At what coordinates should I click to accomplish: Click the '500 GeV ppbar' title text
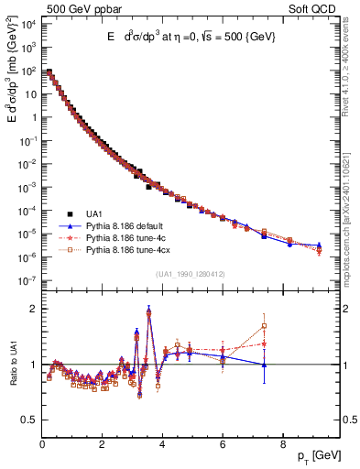(80, 9)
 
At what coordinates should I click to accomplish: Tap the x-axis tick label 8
(282, 446)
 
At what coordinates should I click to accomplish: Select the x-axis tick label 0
(42, 446)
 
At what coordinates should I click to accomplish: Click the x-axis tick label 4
(162, 446)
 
